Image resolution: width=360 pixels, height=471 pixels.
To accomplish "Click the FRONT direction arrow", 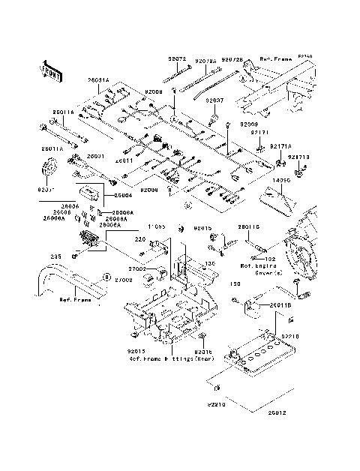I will pos(49,71).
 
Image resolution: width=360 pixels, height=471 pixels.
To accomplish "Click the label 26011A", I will pos(63,112).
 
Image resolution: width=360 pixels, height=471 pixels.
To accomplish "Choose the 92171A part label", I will pos(280,147).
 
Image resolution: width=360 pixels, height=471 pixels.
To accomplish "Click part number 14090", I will pos(281,181).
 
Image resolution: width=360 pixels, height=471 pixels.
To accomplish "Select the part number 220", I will pos(139,239).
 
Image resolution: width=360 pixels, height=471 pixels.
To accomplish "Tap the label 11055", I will pos(156,226).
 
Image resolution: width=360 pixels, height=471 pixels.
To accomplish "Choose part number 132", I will pos(271,259).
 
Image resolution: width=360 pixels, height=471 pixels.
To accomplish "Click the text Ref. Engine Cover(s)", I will pos(258,269).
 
